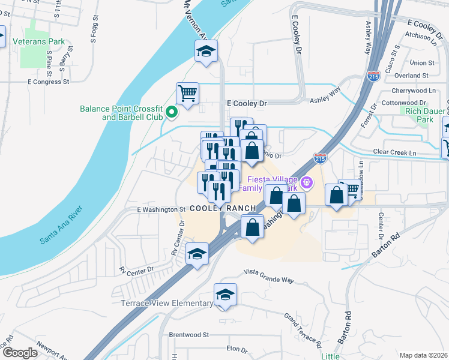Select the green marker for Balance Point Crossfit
172,112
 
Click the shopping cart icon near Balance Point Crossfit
187,94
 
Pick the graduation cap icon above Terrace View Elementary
225,294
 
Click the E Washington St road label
160,209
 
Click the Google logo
20,353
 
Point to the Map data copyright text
423,355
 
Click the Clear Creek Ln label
394,152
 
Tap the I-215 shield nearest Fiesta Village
320,158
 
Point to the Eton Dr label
237,348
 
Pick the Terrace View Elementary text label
166,303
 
